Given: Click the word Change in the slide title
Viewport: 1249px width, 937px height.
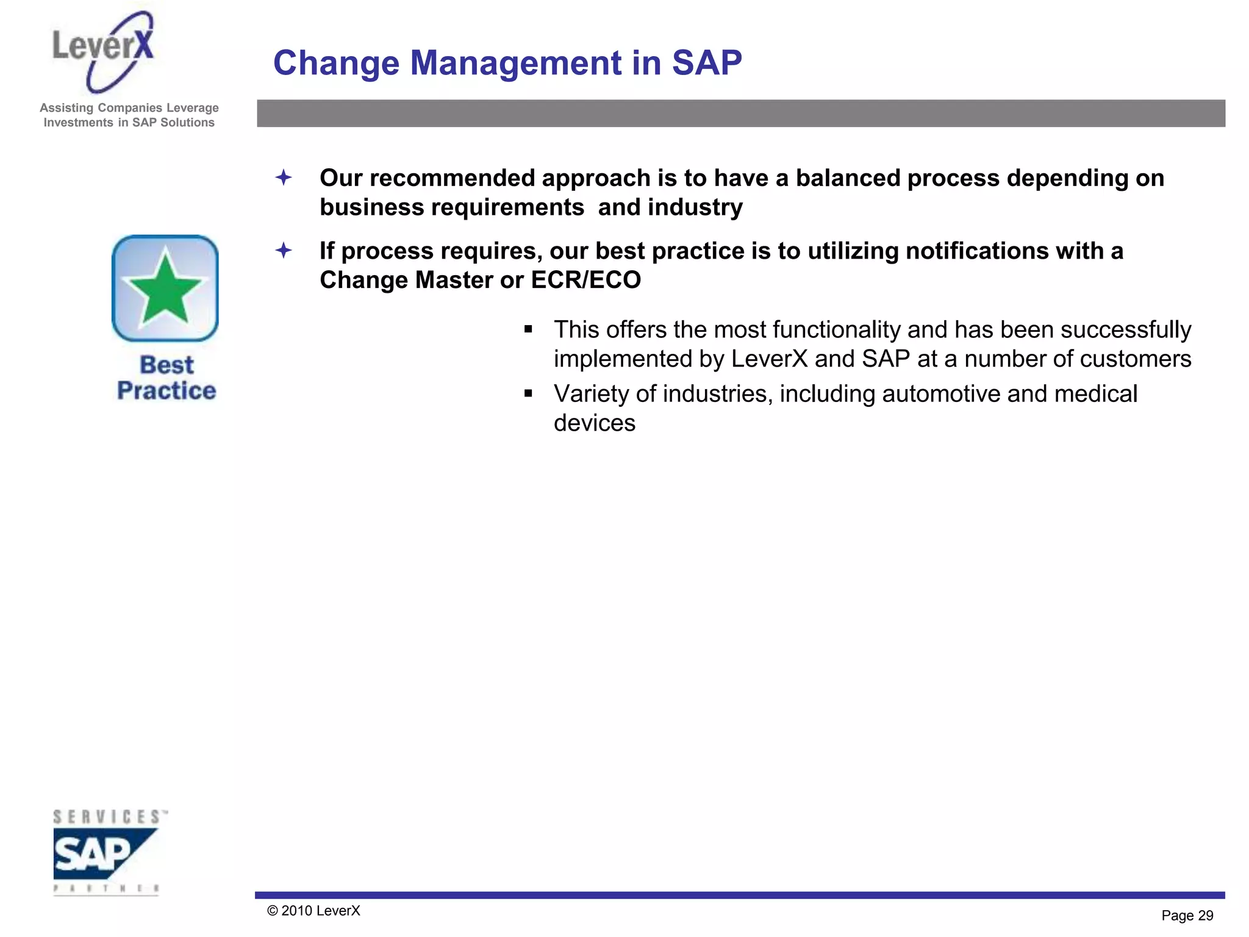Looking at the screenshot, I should click(x=335, y=63).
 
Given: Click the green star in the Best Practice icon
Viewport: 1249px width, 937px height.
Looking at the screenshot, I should click(x=165, y=289).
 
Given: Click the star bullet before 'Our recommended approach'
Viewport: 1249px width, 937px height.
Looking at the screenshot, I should click(x=284, y=178).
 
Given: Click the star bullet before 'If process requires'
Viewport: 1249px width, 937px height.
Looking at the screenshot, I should click(x=284, y=250).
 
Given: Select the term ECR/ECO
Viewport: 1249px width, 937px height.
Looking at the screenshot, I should click(x=585, y=280).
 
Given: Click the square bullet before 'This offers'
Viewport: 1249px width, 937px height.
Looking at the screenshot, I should click(x=528, y=330).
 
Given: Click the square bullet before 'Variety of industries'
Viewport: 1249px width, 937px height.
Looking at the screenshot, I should click(x=528, y=394).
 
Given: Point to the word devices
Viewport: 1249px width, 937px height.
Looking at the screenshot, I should click(x=594, y=423).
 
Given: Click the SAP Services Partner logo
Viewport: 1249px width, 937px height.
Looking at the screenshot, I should click(x=107, y=852).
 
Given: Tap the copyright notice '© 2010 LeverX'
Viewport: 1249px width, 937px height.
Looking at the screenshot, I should click(x=313, y=911).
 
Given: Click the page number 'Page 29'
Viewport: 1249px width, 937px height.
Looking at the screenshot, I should click(x=1187, y=916).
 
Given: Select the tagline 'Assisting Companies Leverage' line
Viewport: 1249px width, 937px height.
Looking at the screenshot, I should click(x=129, y=108).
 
